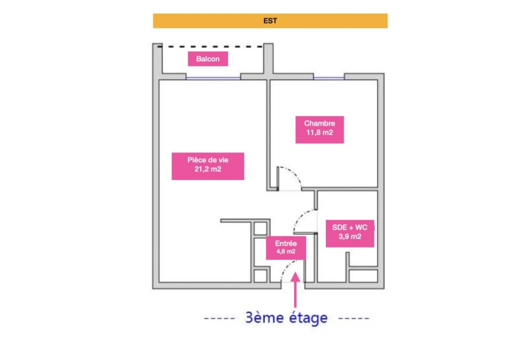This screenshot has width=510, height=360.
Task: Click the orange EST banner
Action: click(x=270, y=21)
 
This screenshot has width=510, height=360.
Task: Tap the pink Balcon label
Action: click(x=208, y=59)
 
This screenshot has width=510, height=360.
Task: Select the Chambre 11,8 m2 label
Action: click(x=319, y=129)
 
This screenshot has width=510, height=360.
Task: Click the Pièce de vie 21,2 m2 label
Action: click(x=208, y=166)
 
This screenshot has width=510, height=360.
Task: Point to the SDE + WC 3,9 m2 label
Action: click(x=350, y=234)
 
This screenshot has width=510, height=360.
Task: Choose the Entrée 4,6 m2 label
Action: click(x=286, y=248)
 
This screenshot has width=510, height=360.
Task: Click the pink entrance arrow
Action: click(x=295, y=290)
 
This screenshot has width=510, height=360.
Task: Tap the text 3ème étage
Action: click(x=286, y=318)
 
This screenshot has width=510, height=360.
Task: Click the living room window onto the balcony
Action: click(x=213, y=78)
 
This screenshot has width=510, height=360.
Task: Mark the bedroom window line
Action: click(x=329, y=78)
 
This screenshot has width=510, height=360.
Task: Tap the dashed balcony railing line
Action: click(x=210, y=47)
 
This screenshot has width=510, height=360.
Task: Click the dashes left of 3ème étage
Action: click(x=220, y=318)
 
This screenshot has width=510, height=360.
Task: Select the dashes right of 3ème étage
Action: click(x=354, y=318)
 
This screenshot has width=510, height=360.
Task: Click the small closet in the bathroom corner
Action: click(x=363, y=275)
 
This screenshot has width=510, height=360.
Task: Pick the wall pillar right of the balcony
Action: click(x=268, y=59)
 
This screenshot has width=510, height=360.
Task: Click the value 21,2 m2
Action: click(x=208, y=169)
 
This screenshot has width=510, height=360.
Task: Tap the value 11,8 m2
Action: click(x=319, y=132)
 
